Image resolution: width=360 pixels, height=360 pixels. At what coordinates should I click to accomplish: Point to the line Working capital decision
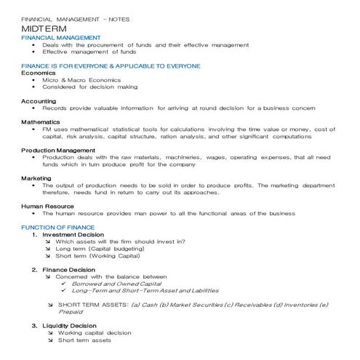(95, 332)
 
